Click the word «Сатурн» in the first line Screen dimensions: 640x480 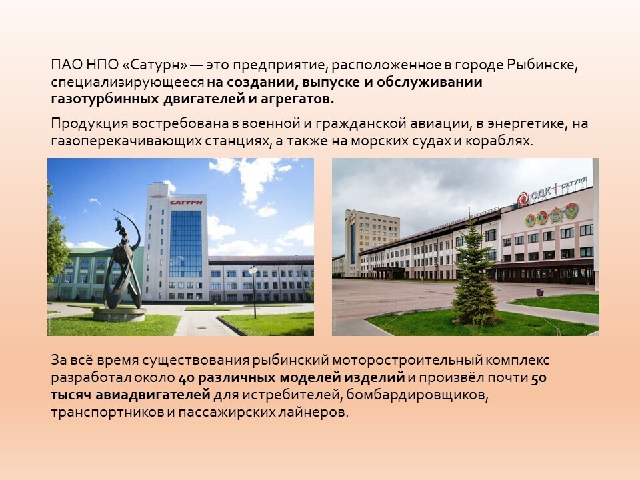[155, 65]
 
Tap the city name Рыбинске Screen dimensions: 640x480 [543, 65]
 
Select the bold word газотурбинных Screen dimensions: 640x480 [105, 99]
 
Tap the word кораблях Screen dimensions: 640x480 [499, 141]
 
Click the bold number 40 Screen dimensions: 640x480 [186, 378]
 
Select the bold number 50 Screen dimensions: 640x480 [539, 378]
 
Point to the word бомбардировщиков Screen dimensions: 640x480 [417, 395]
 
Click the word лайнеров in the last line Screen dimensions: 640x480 [313, 412]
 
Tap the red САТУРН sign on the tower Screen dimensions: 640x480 [186, 202]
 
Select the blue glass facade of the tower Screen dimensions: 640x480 [185, 244]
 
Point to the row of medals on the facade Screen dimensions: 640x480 [551, 215]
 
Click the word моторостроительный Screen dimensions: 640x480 [407, 361]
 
